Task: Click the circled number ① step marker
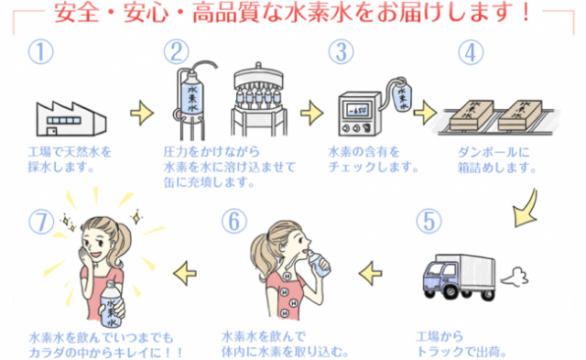pyautogui.click(x=40, y=52)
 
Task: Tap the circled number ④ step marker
pyautogui.click(x=471, y=52)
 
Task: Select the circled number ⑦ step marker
pyautogui.click(x=41, y=222)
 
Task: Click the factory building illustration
pyautogui.click(x=71, y=118)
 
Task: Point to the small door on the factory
pyautogui.click(x=52, y=131)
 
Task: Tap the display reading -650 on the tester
pyautogui.click(x=358, y=111)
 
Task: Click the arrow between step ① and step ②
pyautogui.click(x=142, y=112)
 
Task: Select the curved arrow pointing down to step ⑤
pyautogui.click(x=526, y=210)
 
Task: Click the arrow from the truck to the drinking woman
pyautogui.click(x=370, y=273)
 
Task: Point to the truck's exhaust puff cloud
pyautogui.click(x=515, y=277)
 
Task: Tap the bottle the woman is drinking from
pyautogui.click(x=318, y=264)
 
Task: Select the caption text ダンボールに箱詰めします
pyautogui.click(x=496, y=160)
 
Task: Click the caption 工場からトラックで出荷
pyautogui.click(x=461, y=344)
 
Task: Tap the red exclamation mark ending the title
pyautogui.click(x=526, y=12)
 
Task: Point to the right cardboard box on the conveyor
pyautogui.click(x=520, y=115)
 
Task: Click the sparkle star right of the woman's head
pyautogui.click(x=136, y=217)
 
